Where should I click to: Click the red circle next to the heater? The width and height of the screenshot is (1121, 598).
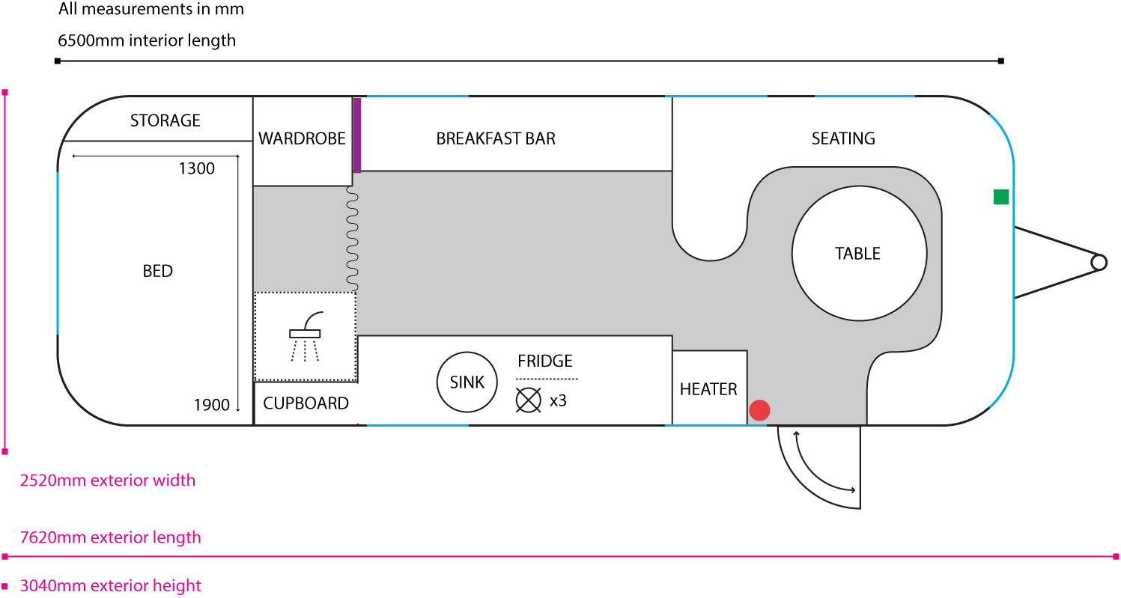[759, 410]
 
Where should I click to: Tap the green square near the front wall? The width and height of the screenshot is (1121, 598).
[1000, 197]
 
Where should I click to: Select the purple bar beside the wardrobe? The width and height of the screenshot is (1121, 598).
[357, 135]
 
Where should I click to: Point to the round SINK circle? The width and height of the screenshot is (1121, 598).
[467, 382]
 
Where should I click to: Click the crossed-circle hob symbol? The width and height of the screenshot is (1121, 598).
[528, 400]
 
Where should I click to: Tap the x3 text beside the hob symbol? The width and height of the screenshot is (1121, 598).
[558, 400]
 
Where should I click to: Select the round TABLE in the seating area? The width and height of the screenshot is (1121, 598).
[857, 254]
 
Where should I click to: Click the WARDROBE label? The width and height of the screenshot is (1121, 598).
[302, 138]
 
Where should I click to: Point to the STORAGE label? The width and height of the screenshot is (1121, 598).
[165, 120]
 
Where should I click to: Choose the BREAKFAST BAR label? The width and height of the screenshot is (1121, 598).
[496, 138]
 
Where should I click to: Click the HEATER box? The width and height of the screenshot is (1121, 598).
[708, 388]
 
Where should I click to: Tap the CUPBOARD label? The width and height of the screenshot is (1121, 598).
[306, 403]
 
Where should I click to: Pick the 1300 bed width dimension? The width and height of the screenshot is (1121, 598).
[196, 168]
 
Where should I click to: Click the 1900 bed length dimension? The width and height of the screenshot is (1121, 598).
[211, 405]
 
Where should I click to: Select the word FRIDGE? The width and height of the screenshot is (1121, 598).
[544, 361]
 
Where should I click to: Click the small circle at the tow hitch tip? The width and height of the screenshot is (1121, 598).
[1099, 262]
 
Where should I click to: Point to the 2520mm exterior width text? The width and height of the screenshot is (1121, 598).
[108, 480]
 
